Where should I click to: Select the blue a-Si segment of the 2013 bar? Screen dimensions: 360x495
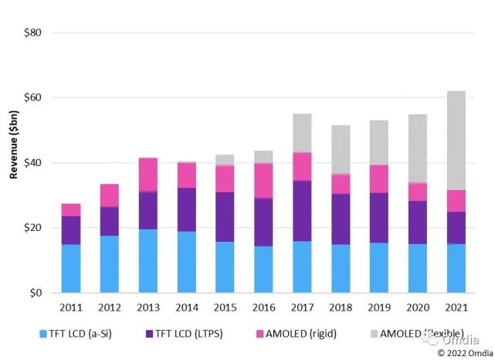coord(148,261)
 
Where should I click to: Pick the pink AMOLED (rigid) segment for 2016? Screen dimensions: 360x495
coord(263,181)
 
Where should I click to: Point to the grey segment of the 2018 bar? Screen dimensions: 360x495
coord(341,150)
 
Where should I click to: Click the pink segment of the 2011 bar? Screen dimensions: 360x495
coord(71,209)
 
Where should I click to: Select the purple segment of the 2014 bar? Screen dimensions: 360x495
coord(187,209)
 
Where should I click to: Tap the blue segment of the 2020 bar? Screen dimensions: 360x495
coord(417,268)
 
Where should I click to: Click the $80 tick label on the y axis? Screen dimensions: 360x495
coord(32,33)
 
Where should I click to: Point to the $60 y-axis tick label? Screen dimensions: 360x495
coord(32,98)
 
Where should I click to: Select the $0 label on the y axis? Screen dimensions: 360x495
coord(35,294)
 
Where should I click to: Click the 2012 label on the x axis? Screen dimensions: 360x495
coord(110,307)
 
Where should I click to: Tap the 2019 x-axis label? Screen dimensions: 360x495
coord(379,307)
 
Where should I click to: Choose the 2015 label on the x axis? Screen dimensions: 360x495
coord(225,307)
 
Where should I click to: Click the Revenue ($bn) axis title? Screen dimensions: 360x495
coord(13,163)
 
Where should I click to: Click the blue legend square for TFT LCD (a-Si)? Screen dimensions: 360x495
coord(44,335)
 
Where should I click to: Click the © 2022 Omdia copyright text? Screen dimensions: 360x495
coord(461,352)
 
